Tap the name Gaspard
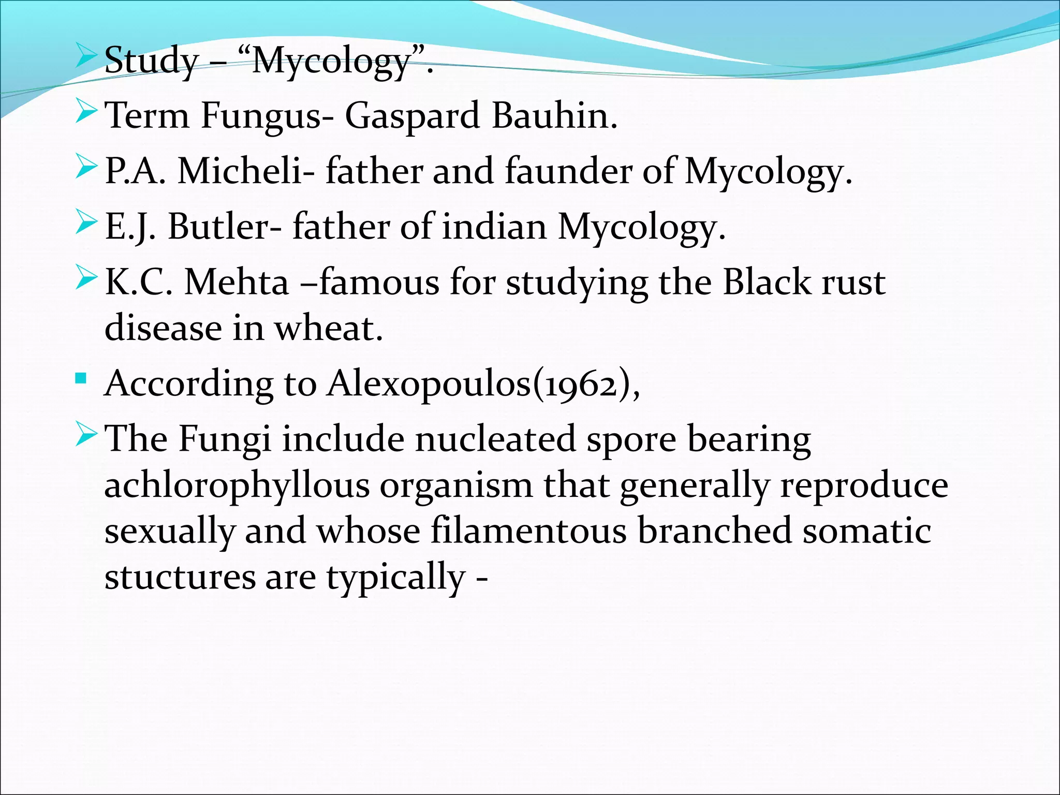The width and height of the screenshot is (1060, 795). pyautogui.click(x=412, y=115)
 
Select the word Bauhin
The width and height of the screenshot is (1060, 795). pyautogui.click(x=554, y=115)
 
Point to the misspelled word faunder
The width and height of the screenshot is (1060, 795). pyautogui.click(x=568, y=171)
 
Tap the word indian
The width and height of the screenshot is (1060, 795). pyautogui.click(x=494, y=227)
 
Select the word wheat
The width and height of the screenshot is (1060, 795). pyautogui.click(x=329, y=328)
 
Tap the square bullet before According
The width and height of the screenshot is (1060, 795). pyautogui.click(x=80, y=379)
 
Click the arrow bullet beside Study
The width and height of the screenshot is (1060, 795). pyautogui.click(x=85, y=56)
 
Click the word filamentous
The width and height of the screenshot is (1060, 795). pyautogui.click(x=528, y=531)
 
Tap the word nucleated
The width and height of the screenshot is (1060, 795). pyautogui.click(x=495, y=439)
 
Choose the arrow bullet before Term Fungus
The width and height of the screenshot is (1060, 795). pyautogui.click(x=85, y=112)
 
